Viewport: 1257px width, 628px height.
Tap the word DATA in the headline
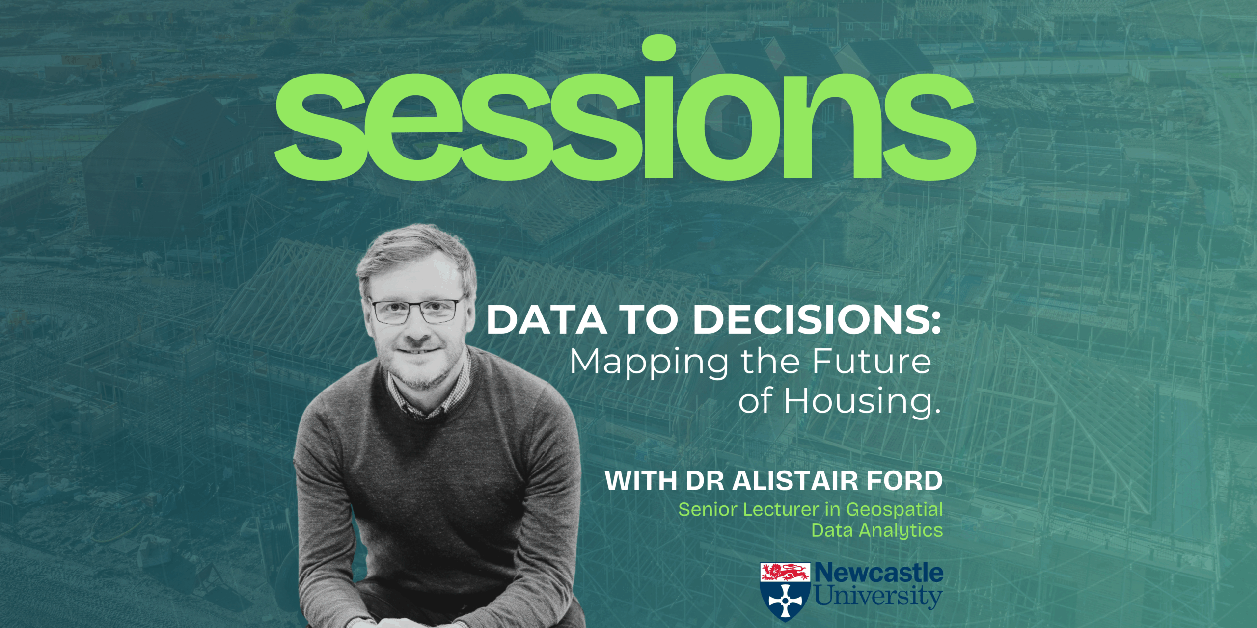pos(546,320)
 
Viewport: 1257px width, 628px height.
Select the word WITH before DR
pos(641,481)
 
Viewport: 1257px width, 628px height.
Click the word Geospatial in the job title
pos(894,510)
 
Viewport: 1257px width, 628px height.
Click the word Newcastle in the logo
pos(879,573)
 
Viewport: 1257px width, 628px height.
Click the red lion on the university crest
pos(785,572)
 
